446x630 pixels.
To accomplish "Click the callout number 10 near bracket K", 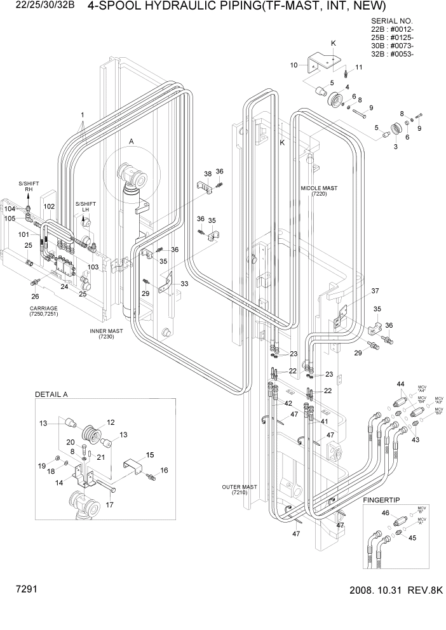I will click(x=294, y=65).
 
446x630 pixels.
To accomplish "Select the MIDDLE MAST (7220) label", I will click(x=319, y=191).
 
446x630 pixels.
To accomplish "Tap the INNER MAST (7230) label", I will click(x=105, y=334).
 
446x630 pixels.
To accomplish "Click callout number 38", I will click(x=208, y=173).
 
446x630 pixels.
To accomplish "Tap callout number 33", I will click(x=184, y=283).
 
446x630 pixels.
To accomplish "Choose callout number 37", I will click(x=375, y=292).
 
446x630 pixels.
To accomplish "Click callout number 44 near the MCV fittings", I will click(x=400, y=385).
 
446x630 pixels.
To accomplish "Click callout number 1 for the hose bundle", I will click(x=82, y=116).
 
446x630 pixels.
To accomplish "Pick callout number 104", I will click(x=10, y=208).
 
